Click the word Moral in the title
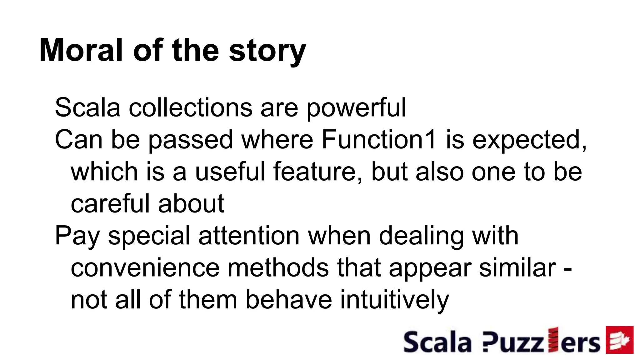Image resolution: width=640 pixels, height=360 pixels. click(81, 50)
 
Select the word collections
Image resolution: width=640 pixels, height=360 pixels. click(190, 108)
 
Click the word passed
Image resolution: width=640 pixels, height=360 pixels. click(190, 140)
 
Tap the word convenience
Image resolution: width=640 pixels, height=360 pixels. click(145, 268)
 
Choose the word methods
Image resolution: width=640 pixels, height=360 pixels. click(278, 268)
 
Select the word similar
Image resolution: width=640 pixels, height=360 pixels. click(517, 268)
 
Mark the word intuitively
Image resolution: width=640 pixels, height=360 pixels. click(394, 300)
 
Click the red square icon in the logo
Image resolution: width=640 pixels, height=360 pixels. click(620, 340)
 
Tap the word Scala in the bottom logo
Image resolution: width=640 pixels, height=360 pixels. click(437, 342)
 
